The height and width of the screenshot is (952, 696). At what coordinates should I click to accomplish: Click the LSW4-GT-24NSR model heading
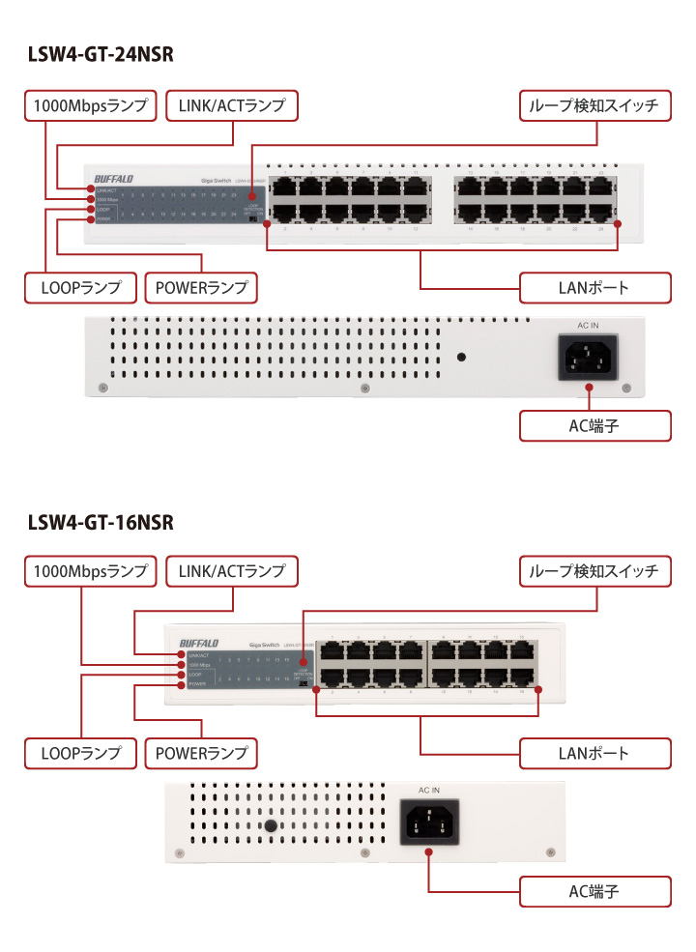(x=101, y=55)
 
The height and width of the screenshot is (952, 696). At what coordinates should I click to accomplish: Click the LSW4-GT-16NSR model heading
(x=101, y=522)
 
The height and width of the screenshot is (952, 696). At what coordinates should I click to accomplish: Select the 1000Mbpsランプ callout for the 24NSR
(x=90, y=106)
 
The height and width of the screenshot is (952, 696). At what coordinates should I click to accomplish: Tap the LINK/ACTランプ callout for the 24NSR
(x=232, y=106)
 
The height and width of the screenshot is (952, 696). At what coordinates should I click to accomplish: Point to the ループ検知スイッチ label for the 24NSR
(x=594, y=106)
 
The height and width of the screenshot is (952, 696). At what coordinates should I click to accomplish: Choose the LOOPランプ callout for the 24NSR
(x=80, y=287)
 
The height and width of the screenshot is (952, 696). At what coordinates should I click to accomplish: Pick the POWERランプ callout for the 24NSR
(x=201, y=287)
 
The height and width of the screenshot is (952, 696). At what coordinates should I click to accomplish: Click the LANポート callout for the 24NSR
(x=594, y=287)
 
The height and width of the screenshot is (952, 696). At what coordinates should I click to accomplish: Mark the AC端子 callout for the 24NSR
(x=594, y=425)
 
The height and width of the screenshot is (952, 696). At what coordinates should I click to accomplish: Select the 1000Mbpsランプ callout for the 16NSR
(x=90, y=571)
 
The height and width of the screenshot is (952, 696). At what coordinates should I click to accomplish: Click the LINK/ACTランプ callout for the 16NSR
(x=232, y=571)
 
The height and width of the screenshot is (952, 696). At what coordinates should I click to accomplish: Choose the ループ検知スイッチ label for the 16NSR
(x=594, y=571)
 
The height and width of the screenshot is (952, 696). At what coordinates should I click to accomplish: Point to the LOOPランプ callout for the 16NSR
(x=80, y=752)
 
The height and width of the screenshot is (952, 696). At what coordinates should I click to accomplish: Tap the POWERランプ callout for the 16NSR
(x=201, y=752)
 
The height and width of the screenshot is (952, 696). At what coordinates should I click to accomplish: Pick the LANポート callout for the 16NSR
(x=594, y=752)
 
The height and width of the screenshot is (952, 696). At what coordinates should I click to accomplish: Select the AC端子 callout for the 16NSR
(x=594, y=891)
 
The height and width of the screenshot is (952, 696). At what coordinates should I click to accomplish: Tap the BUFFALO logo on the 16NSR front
(x=199, y=643)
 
